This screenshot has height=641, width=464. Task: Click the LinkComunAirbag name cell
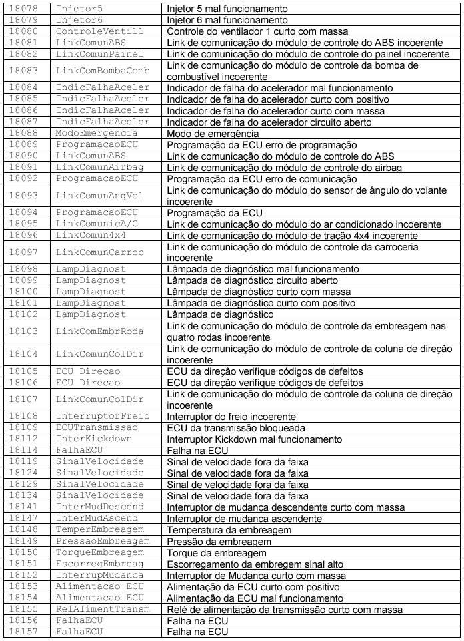pyautogui.click(x=100, y=168)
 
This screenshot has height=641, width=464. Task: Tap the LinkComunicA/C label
pyautogui.click(x=100, y=224)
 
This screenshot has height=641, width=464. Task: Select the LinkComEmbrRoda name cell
pyautogui.click(x=100, y=331)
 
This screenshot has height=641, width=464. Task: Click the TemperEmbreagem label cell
pyautogui.click(x=100, y=529)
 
